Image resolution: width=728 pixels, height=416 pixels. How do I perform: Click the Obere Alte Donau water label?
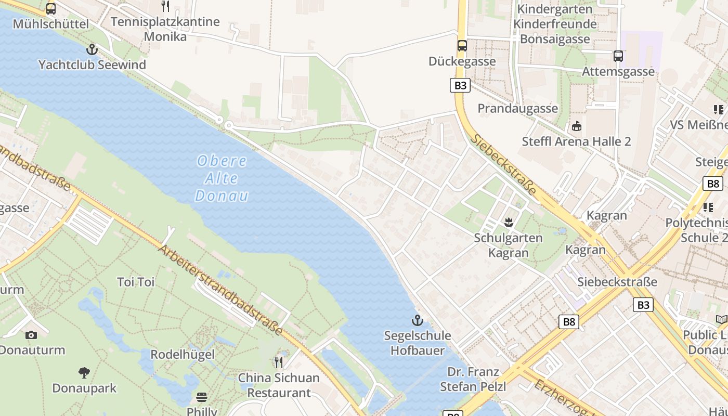pyautogui.click(x=222, y=178)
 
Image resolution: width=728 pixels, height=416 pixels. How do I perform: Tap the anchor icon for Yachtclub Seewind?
pyautogui.click(x=92, y=49)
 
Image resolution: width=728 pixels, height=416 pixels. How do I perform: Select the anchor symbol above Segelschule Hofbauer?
pyautogui.click(x=417, y=320)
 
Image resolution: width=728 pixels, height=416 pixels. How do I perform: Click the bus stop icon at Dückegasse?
pyautogui.click(x=462, y=46)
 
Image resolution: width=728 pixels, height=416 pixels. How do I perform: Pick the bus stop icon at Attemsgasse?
pyautogui.click(x=618, y=56)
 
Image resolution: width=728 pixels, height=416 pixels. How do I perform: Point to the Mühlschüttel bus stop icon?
pyautogui.click(x=50, y=9)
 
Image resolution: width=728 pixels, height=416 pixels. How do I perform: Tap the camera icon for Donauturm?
pyautogui.click(x=31, y=335)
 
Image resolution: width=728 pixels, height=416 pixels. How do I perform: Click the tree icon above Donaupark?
pyautogui.click(x=84, y=372)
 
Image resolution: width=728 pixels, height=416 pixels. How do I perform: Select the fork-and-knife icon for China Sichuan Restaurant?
pyautogui.click(x=279, y=362)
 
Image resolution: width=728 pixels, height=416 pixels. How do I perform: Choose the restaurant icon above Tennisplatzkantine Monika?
pyautogui.click(x=165, y=6)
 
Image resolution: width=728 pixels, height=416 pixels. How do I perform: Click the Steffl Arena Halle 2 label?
pyautogui.click(x=576, y=141)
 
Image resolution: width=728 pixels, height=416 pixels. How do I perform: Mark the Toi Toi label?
pyautogui.click(x=136, y=282)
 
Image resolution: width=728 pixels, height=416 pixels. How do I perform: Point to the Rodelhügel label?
pyautogui.click(x=182, y=355)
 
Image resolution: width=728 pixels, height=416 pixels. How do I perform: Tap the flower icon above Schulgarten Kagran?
pyautogui.click(x=508, y=223)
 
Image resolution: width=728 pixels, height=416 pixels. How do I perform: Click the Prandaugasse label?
pyautogui.click(x=517, y=108)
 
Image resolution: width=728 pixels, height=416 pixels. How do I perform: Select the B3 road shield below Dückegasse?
pyautogui.click(x=460, y=85)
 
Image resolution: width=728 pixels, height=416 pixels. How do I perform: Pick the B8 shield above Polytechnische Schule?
pyautogui.click(x=712, y=184)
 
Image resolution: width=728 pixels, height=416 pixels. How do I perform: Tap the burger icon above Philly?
pyautogui.click(x=202, y=397)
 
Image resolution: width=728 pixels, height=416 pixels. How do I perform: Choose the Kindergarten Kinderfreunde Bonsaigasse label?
pyautogui.click(x=555, y=24)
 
